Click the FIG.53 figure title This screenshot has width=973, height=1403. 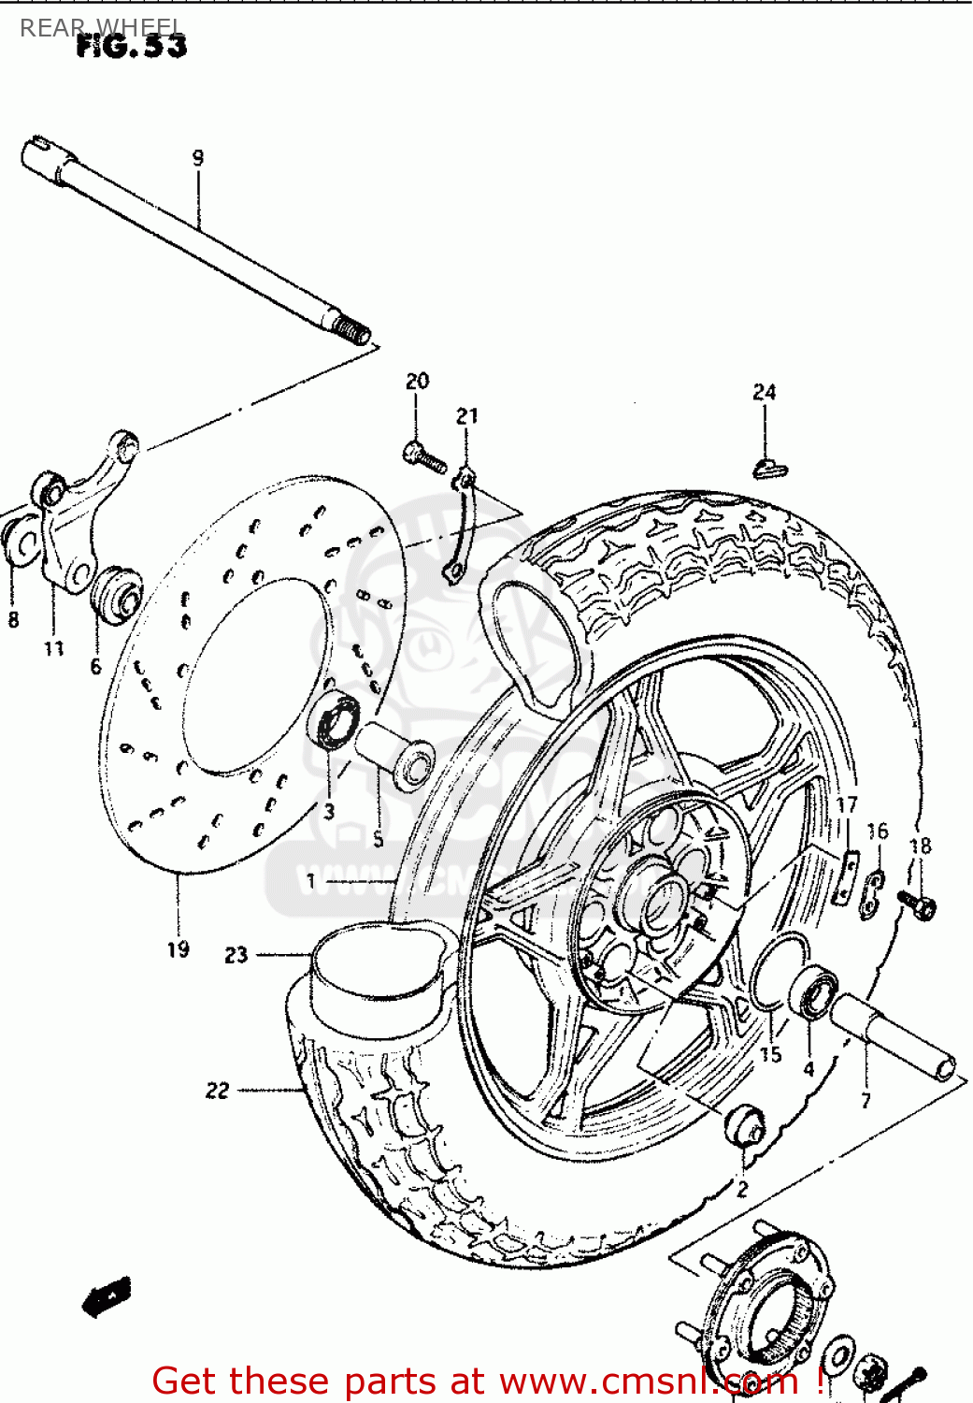(x=131, y=46)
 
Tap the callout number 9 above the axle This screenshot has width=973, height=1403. (x=197, y=158)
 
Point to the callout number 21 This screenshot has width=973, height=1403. (x=467, y=415)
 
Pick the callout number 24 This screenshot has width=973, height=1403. (x=765, y=392)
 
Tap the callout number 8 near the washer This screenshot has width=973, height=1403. (x=13, y=619)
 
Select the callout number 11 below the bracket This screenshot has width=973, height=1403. (x=54, y=647)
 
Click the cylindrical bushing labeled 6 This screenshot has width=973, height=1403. (x=117, y=592)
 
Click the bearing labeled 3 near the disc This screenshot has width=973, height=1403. (x=333, y=718)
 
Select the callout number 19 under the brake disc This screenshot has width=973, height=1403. (x=179, y=949)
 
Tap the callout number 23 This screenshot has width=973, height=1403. (x=236, y=955)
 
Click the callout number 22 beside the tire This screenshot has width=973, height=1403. (x=217, y=1091)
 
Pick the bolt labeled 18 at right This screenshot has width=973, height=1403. (x=917, y=904)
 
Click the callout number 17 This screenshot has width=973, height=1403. (x=846, y=804)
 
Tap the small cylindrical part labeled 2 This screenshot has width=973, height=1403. (x=746, y=1125)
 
